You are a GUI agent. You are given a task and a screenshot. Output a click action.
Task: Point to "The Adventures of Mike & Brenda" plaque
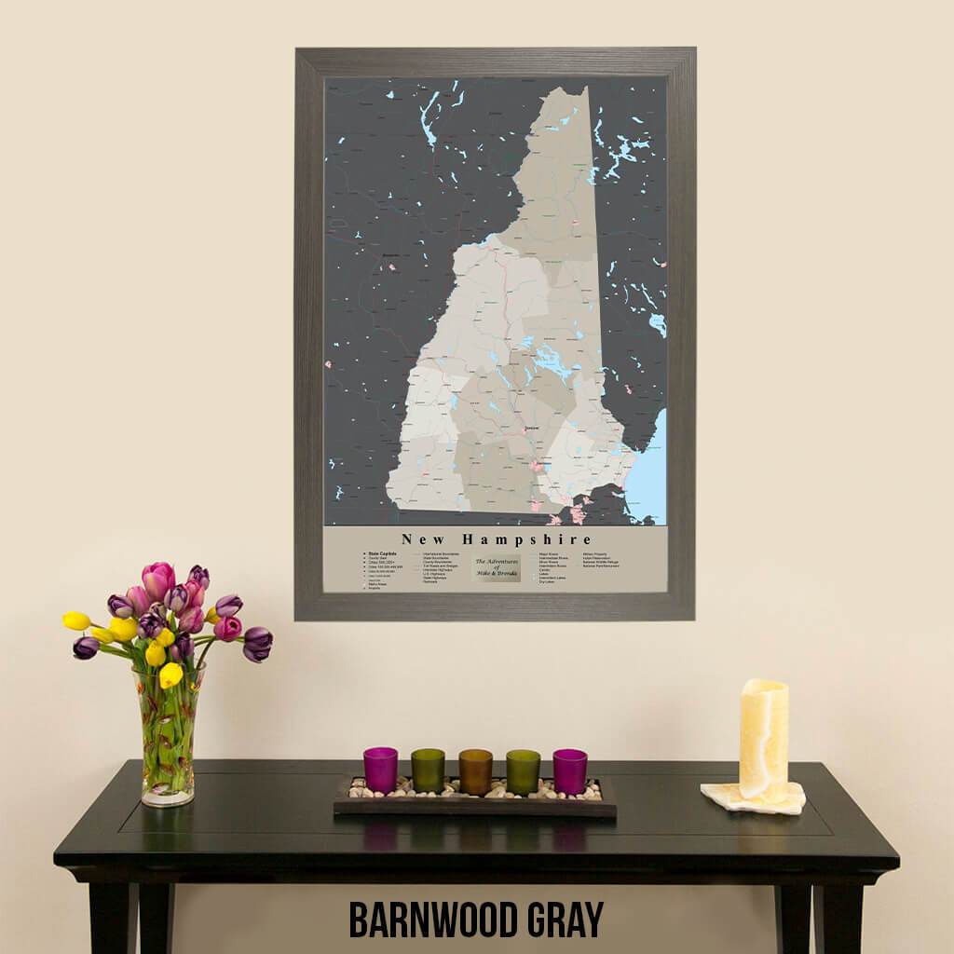pos(497,568)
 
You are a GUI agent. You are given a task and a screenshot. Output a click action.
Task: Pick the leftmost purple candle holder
pos(380,770)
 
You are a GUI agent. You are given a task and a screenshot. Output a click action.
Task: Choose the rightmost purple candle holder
pos(569,770)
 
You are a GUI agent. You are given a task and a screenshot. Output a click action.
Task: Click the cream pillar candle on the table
pos(763,738)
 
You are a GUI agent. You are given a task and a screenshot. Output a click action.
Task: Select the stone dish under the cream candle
pos(753,799)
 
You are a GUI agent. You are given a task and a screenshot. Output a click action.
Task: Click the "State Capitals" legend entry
pos(382,553)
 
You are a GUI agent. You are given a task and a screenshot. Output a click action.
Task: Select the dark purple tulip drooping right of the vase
pos(257,643)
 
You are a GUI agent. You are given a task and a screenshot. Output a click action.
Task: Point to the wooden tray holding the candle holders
pos(474,805)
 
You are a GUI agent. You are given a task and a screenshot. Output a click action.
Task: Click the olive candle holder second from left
pos(428,770)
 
